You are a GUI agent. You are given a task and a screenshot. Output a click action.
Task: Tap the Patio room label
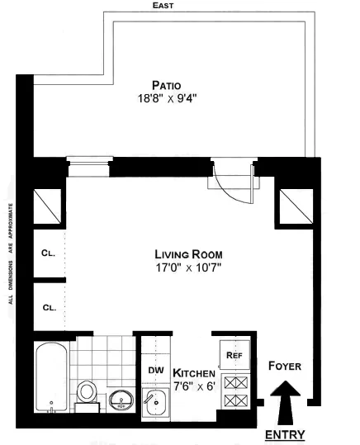click(x=167, y=84)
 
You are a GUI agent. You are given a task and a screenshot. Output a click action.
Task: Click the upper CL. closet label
click(x=49, y=254)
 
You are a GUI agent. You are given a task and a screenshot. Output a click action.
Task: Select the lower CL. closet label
click(x=49, y=307)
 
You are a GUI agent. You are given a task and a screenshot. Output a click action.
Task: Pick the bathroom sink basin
click(x=121, y=401)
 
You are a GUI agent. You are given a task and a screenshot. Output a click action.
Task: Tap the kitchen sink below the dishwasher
click(x=154, y=403)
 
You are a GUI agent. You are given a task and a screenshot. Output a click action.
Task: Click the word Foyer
click(x=285, y=366)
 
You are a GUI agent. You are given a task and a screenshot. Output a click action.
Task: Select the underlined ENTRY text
click(x=285, y=434)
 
